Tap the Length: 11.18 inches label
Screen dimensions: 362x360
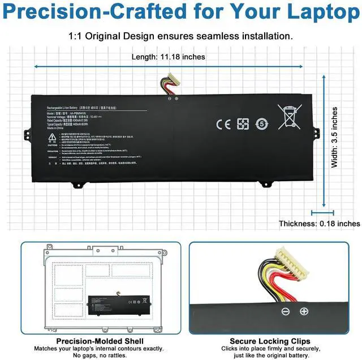168,57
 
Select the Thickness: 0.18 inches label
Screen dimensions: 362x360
319,224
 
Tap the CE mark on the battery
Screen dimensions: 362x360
224,124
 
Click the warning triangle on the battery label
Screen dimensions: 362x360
52,138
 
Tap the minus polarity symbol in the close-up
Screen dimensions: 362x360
286,311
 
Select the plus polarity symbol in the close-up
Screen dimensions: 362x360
304,311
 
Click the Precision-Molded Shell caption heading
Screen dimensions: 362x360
100,341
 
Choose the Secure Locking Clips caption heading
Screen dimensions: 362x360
274,341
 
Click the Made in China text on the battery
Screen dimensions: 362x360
56,129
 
